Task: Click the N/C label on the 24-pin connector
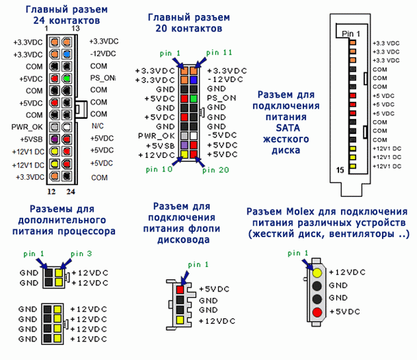tap(97, 126)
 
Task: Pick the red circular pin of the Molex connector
tap(316, 313)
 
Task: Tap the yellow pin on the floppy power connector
tap(180, 320)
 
